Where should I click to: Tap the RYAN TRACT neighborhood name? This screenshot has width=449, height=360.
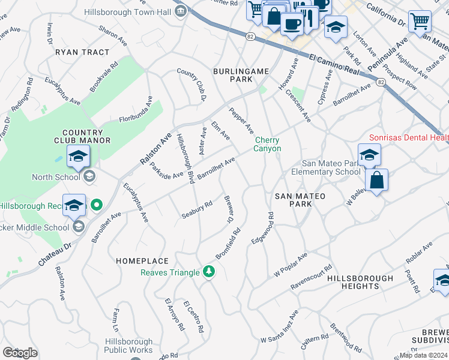tap(82, 52)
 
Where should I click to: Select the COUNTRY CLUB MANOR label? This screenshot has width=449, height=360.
tap(86, 136)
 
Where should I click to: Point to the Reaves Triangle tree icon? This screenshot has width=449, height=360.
tap(208, 272)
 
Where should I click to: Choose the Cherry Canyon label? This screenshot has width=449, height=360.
tap(267, 144)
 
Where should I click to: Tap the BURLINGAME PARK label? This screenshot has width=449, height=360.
tap(241, 75)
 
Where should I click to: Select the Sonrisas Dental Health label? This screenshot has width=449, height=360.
tap(408, 137)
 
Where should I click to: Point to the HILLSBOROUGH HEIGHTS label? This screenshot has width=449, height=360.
tap(360, 282)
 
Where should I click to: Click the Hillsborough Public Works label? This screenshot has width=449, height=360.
tap(128, 346)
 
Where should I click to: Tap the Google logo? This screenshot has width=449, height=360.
tap(20, 353)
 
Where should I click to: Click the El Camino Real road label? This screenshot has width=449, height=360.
tap(334, 65)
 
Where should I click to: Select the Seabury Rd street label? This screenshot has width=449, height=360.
tap(197, 210)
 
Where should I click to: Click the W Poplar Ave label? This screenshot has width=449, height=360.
tap(291, 264)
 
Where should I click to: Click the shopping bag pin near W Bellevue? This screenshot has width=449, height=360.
tap(376, 180)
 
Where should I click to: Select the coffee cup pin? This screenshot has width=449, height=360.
tap(292, 25)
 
